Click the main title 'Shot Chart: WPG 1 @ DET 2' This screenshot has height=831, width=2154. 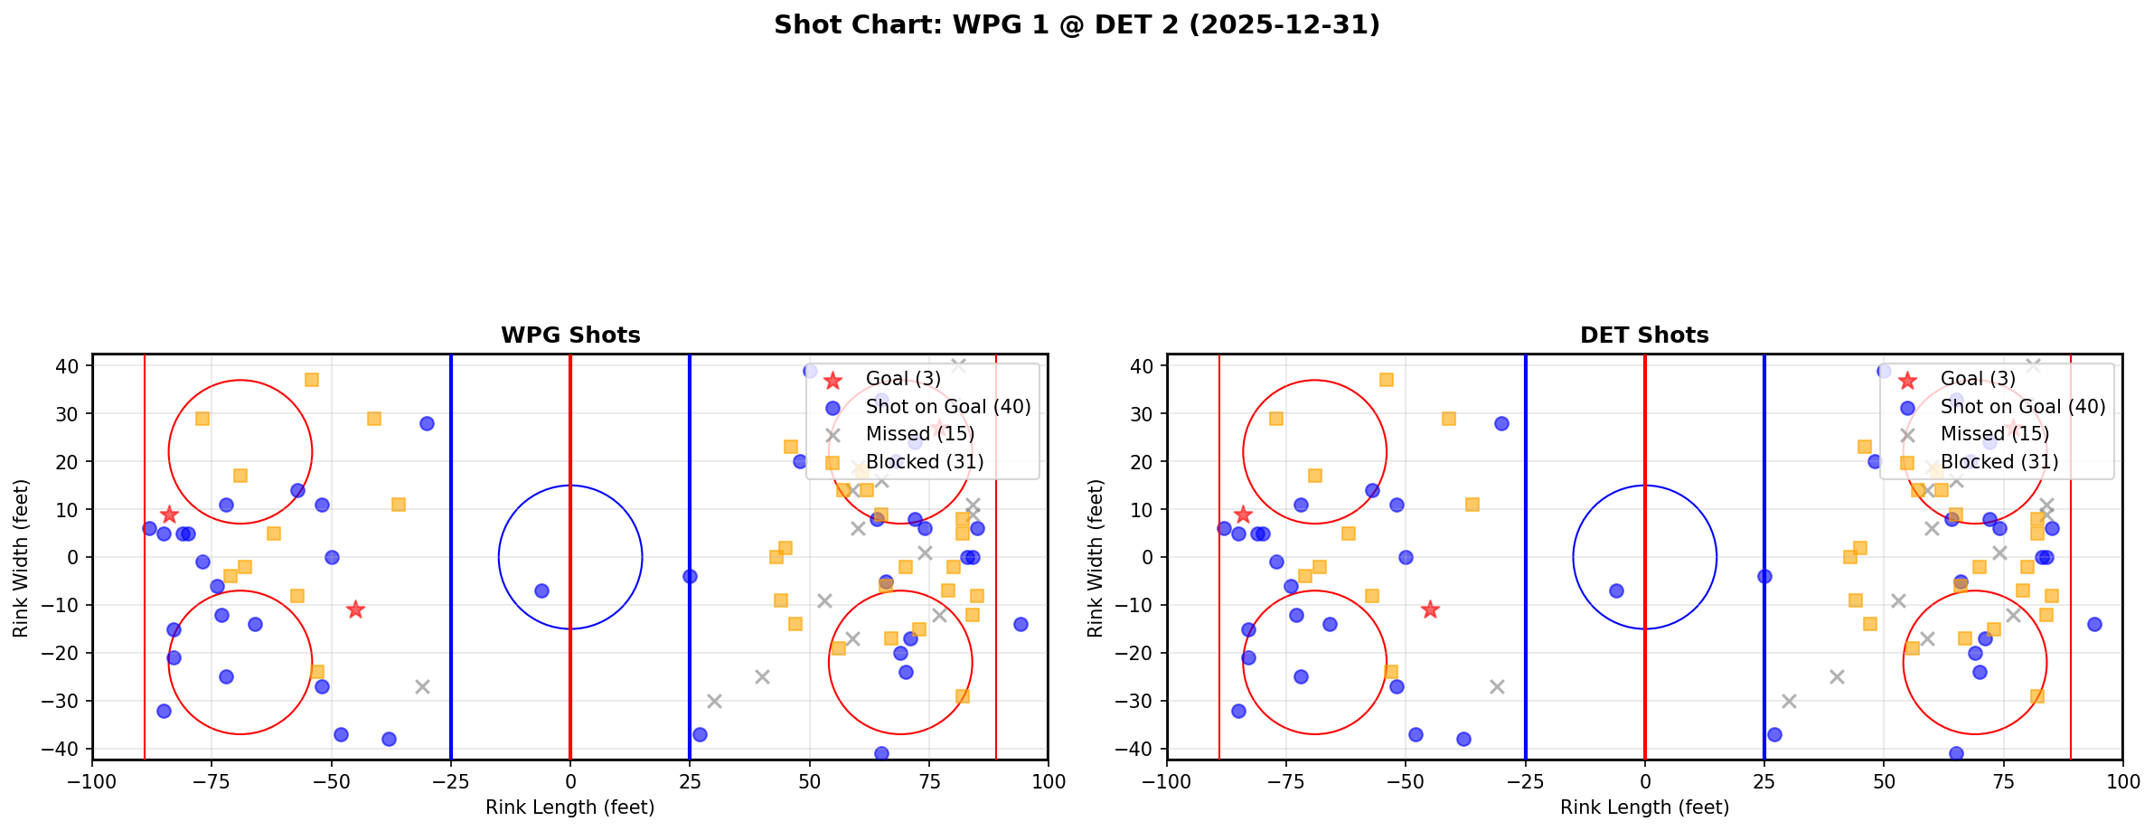pyautogui.click(x=1077, y=25)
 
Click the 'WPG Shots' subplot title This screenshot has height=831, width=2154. pyautogui.click(x=570, y=335)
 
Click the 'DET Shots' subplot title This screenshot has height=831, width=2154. pyautogui.click(x=1644, y=335)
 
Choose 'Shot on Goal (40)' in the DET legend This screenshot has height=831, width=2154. pyautogui.click(x=2023, y=407)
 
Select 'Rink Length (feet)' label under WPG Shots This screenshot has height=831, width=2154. pyautogui.click(x=569, y=807)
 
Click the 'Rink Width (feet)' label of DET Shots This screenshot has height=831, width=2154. pyautogui.click(x=1096, y=558)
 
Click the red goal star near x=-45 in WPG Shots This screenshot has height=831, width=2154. pyautogui.click(x=355, y=609)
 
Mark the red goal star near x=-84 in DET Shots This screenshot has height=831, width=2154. pyautogui.click(x=1243, y=515)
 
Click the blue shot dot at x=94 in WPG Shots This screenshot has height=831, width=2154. pyautogui.click(x=1020, y=624)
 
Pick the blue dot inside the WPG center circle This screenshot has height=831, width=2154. pyautogui.click(x=541, y=590)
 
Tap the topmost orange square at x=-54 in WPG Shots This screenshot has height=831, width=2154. pyautogui.click(x=312, y=380)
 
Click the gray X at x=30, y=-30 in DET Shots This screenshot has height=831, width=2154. pyautogui.click(x=1788, y=701)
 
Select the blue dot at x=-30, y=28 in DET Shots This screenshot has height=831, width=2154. pyautogui.click(x=1501, y=423)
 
